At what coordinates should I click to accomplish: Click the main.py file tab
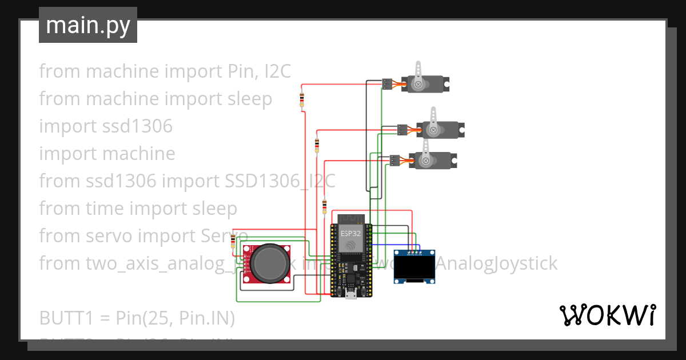pos(87,25)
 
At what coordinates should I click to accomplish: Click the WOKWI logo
pos(607,315)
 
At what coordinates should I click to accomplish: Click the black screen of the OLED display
pos(414,266)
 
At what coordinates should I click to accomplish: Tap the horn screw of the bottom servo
pos(426,161)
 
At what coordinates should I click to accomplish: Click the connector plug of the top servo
pos(387,84)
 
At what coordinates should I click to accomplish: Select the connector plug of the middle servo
pos(402,130)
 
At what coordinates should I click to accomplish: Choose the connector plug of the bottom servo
pos(394,161)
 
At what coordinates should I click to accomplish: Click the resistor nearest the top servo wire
pos(301,99)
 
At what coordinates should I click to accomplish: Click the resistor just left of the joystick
pos(232,242)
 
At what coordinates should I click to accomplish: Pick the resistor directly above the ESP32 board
pos(325,206)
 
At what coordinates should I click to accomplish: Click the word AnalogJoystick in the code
pos(497,263)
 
